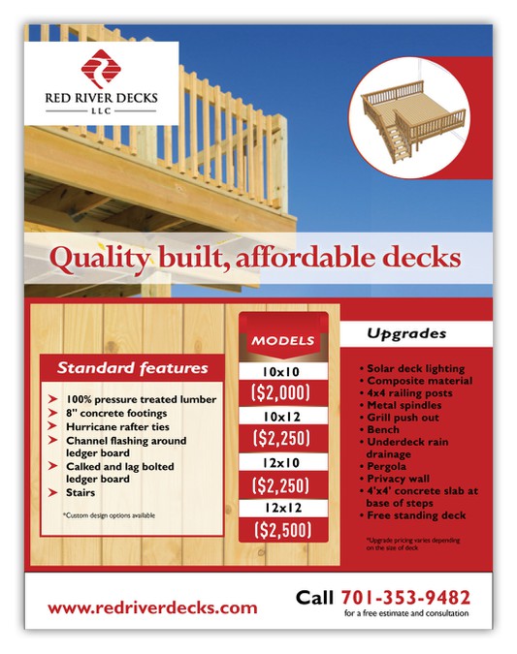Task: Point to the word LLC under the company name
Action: pyautogui.click(x=101, y=110)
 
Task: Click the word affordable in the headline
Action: pyautogui.click(x=292, y=259)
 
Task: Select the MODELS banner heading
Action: pyautogui.click(x=283, y=340)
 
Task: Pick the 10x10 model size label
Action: pyautogui.click(x=283, y=370)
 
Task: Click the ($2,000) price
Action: pyautogui.click(x=283, y=392)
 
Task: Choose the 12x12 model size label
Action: pyautogui.click(x=283, y=508)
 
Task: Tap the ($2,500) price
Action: pyautogui.click(x=283, y=530)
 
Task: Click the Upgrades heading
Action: pyautogui.click(x=406, y=333)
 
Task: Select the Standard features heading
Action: pyautogui.click(x=132, y=368)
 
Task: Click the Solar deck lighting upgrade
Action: pyautogui.click(x=416, y=368)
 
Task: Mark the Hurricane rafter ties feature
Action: pyautogui.click(x=117, y=426)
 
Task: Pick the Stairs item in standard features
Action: pyautogui.click(x=84, y=492)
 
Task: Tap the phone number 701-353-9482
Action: pyautogui.click(x=405, y=597)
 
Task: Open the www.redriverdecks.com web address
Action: pyautogui.click(x=152, y=607)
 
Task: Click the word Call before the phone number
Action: pyautogui.click(x=315, y=597)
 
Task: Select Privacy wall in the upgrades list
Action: pyautogui.click(x=399, y=480)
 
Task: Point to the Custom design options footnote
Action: pyautogui.click(x=109, y=515)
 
